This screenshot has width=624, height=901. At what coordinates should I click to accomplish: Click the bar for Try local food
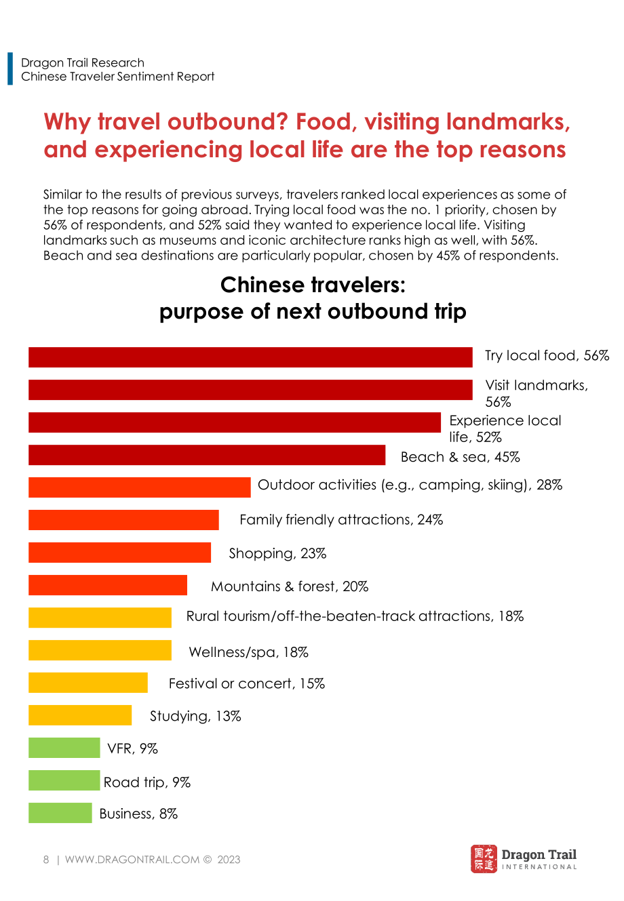(250, 357)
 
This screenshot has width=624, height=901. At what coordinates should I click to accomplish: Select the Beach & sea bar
(207, 454)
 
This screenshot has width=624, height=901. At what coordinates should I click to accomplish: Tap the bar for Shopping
(119, 553)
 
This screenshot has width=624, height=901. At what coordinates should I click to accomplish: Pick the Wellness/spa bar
(100, 649)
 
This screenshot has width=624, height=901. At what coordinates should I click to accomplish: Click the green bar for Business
(60, 812)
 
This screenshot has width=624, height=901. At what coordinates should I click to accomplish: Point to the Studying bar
(80, 715)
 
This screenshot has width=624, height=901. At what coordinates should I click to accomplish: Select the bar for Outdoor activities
(140, 487)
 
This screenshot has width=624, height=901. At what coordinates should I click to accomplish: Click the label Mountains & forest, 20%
(289, 586)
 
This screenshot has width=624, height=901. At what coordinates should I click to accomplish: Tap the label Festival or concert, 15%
(247, 683)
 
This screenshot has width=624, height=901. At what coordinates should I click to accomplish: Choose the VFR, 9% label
(132, 748)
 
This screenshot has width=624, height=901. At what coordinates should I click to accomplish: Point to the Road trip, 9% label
(147, 782)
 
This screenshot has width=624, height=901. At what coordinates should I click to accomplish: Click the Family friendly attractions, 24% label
(341, 520)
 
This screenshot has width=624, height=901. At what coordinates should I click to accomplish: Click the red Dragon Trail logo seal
(484, 859)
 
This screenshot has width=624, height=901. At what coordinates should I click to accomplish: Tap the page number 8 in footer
(46, 860)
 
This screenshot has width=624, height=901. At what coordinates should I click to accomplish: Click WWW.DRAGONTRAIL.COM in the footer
(132, 860)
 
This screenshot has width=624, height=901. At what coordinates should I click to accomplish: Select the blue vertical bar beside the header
(10, 68)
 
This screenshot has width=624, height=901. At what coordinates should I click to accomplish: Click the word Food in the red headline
(326, 122)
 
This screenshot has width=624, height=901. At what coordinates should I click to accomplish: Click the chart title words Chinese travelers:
(313, 285)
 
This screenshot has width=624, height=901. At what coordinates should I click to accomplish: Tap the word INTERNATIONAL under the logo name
(539, 867)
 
